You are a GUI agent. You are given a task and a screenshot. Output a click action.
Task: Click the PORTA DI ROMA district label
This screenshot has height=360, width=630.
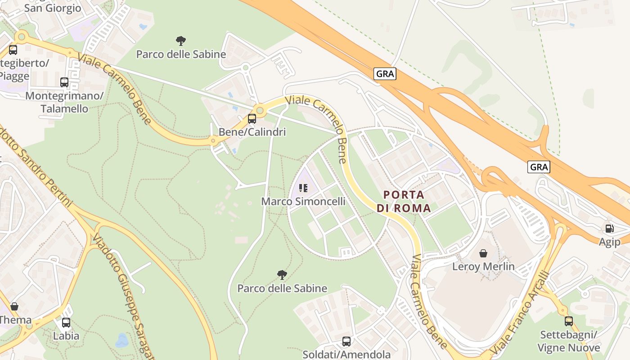coord(404,201)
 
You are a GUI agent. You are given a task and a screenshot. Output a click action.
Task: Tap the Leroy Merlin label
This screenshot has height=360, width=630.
coord(483,266)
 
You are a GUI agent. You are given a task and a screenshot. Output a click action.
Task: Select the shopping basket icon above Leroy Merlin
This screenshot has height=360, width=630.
coord(483,253)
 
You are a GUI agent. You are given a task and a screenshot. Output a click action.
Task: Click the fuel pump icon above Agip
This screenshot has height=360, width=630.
coord(609,229)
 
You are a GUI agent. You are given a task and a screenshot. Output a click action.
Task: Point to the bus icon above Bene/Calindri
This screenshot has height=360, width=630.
coord(252,119)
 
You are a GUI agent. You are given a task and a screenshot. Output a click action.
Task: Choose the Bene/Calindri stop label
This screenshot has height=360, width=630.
coord(252,132)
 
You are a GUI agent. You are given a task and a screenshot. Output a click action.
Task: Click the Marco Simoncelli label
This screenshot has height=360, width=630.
coord(303,201)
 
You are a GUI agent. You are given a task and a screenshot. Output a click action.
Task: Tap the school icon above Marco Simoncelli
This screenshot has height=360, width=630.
coord(303,188)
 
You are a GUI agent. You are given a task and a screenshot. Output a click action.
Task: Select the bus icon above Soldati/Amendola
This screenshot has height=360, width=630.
coord(346,342)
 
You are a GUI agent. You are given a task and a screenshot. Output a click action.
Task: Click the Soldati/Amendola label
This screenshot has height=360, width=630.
coord(346,354)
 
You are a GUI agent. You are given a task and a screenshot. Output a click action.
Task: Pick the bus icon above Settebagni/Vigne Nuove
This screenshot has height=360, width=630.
coord(569,321)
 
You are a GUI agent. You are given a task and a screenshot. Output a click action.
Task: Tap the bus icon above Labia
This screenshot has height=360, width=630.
coord(66,323)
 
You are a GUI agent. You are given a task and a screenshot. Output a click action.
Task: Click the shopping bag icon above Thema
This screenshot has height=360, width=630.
coord(14,307)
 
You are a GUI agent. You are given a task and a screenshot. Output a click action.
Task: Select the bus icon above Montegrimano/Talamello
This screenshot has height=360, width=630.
coord(64,82)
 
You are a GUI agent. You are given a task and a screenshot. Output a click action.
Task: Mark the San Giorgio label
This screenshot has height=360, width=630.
coord(53,8)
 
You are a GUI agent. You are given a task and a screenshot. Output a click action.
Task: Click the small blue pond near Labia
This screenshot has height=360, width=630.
coord(122,341)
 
